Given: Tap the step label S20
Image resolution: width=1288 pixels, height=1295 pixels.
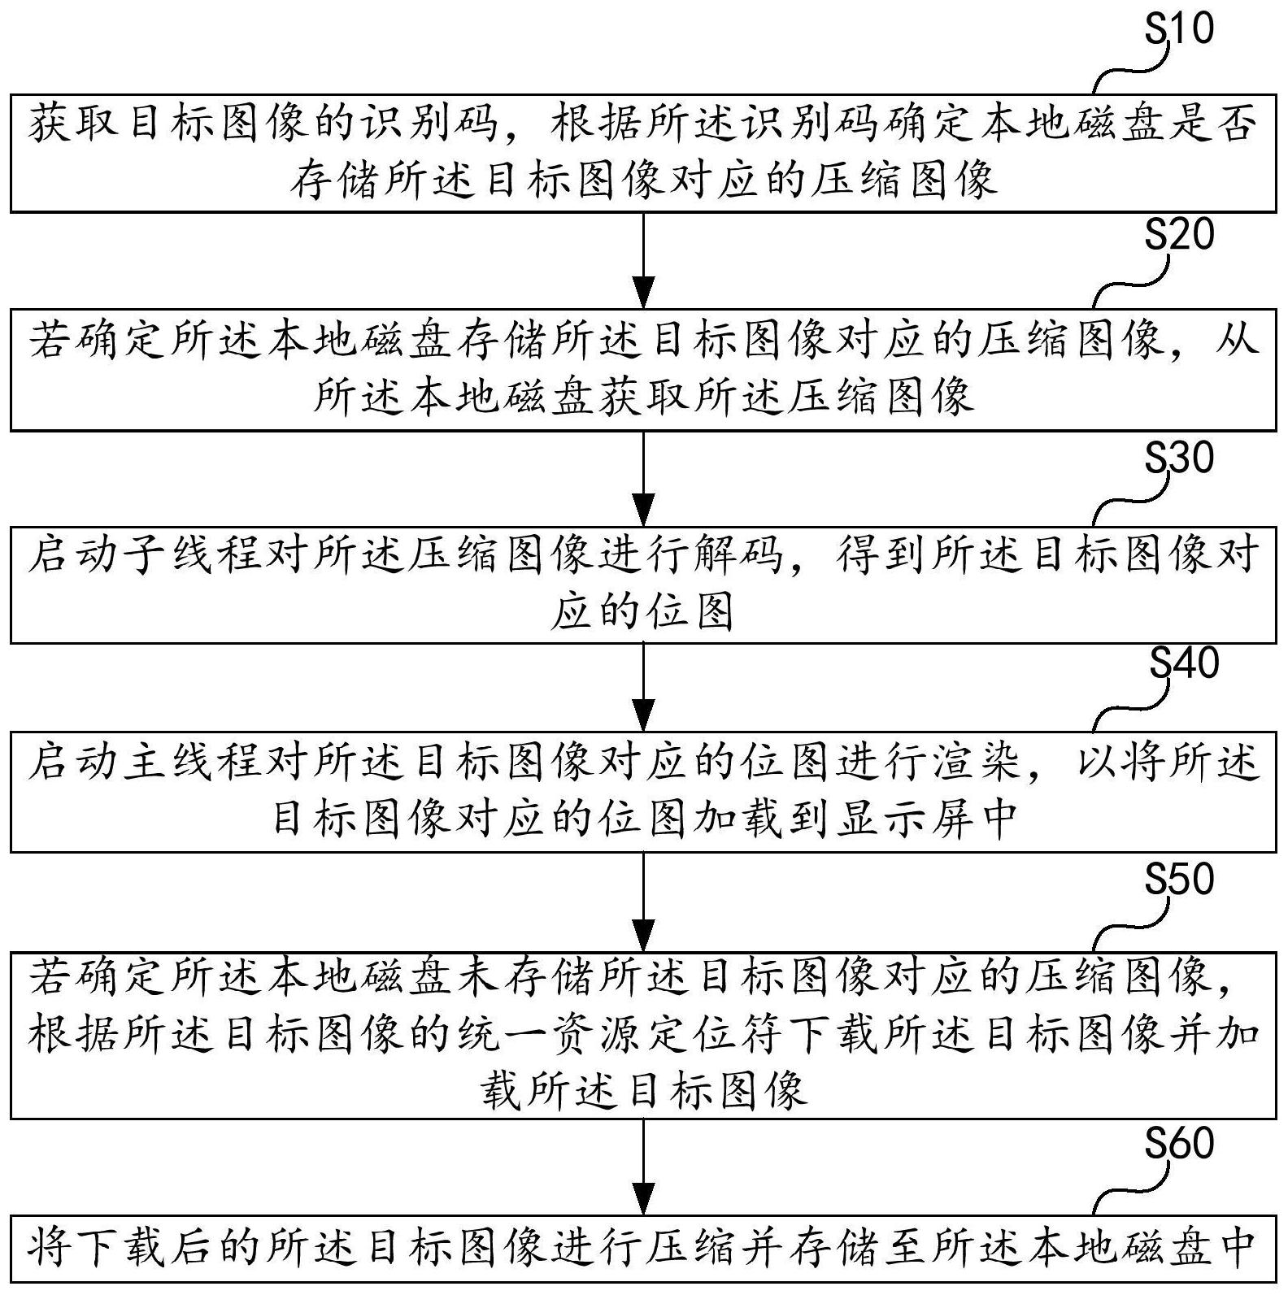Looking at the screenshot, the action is coord(1179,234).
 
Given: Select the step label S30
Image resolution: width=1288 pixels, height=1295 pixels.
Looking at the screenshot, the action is coord(1179,458).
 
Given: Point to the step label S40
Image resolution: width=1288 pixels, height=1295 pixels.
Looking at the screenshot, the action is coord(1184,663).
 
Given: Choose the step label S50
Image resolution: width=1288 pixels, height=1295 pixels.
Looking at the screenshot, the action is coord(1179,879).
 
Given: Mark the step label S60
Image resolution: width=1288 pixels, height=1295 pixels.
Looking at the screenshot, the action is coord(1179,1143).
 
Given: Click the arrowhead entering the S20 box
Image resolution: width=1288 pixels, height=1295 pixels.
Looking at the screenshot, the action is coord(643,292).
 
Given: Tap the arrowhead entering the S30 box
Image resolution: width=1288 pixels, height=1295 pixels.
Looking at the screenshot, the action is coord(643,510).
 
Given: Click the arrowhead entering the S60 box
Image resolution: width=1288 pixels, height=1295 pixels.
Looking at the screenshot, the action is coord(643,1199).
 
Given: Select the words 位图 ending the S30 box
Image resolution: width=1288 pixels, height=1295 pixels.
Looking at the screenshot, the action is coord(690,611).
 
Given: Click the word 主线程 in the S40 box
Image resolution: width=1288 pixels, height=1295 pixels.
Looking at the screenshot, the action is coord(220,764).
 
